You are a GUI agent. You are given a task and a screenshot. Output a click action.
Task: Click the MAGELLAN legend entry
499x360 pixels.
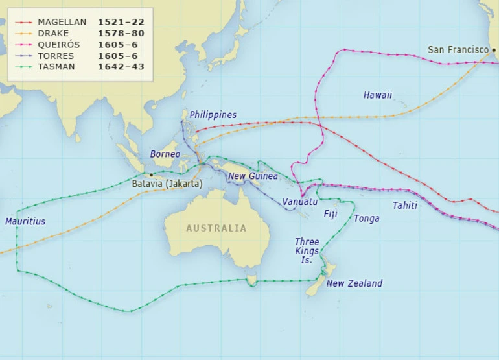coord(62,22)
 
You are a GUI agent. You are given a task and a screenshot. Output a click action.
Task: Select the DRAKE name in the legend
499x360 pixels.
coord(52,33)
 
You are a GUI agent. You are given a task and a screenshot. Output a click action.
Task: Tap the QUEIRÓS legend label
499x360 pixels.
coord(58,45)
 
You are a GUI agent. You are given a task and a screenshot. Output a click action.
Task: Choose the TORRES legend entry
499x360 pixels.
coord(56,56)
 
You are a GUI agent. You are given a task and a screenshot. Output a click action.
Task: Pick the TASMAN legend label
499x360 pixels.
coord(56,67)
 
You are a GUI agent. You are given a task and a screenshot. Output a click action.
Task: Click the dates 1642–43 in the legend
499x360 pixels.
coord(121,67)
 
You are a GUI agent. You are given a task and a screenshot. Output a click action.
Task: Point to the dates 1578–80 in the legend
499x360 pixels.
coord(121,33)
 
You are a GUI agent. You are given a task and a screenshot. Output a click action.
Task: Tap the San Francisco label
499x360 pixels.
coord(458,50)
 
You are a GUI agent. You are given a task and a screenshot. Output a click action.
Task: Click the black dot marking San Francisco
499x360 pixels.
coord(494,50)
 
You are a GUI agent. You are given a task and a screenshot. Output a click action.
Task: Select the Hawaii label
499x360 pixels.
coord(377,95)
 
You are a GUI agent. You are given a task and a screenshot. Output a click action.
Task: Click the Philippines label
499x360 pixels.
coord(213,115)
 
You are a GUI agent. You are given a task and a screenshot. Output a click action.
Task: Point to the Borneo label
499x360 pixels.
coord(165,154)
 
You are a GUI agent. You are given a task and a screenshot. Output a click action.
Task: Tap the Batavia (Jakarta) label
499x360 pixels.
coord(167,184)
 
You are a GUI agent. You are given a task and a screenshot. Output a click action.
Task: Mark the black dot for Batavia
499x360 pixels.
coord(152,174)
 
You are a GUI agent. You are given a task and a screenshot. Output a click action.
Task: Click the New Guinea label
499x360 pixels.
coord(253,176)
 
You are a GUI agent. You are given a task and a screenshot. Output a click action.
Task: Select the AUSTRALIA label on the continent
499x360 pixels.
coord(216,228)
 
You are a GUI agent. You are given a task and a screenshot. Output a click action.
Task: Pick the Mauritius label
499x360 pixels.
coord(25,222)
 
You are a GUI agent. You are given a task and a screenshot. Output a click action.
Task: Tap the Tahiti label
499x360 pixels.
coord(404,206)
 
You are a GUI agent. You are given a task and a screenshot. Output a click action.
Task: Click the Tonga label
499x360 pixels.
coord(366,219)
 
